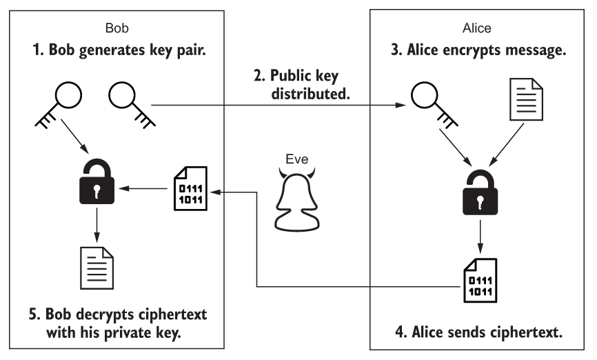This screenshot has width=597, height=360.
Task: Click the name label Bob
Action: coord(116,29)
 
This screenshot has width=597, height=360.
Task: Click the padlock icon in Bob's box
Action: coord(97,180)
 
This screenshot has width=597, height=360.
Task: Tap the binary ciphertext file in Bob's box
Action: coord(188,187)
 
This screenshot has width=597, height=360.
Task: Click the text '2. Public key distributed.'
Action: coord(304,84)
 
